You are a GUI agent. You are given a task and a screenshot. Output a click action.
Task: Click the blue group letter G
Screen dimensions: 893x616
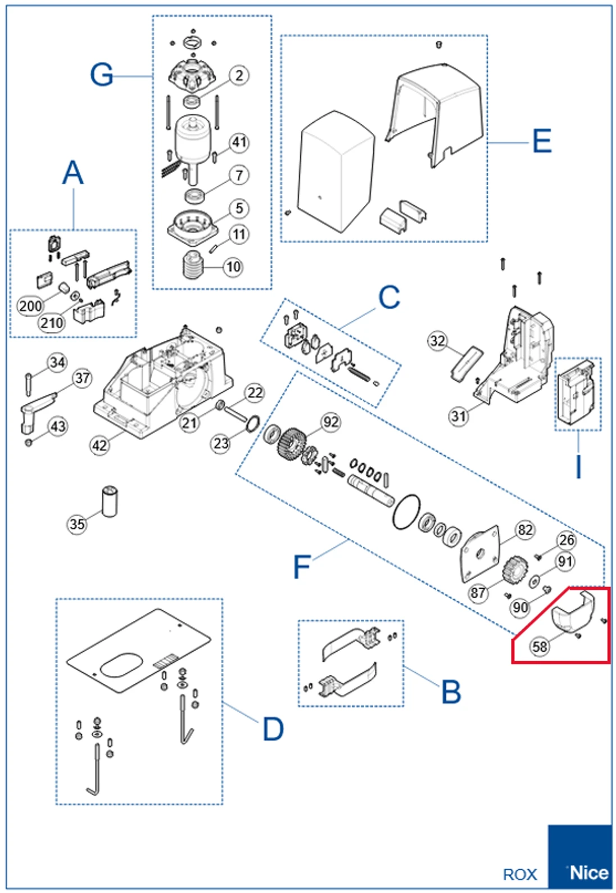click(x=102, y=75)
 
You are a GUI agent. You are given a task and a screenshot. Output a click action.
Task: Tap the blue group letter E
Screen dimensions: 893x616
click(x=541, y=141)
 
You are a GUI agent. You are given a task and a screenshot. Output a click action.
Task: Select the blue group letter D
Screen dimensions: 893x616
click(x=273, y=729)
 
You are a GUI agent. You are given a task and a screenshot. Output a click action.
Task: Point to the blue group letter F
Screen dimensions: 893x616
click(x=302, y=566)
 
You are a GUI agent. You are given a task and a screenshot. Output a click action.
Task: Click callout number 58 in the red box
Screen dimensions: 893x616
click(x=540, y=646)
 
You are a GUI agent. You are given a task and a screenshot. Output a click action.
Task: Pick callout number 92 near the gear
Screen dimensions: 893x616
click(x=330, y=422)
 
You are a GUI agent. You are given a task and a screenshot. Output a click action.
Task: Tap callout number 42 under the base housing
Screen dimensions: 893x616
click(x=99, y=445)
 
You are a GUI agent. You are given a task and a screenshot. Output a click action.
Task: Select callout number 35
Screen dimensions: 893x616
click(x=77, y=524)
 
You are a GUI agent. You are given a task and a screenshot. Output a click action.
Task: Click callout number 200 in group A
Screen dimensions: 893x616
click(x=30, y=306)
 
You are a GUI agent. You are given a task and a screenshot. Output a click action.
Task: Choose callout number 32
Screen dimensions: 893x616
click(x=437, y=341)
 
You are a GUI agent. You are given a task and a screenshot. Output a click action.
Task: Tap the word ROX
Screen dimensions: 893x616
click(x=520, y=875)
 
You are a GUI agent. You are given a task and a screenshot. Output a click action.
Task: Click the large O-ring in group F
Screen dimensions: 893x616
click(x=406, y=512)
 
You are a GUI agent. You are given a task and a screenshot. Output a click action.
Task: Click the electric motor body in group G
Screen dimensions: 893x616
click(x=193, y=138)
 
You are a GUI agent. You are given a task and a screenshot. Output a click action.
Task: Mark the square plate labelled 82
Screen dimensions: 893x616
click(x=479, y=553)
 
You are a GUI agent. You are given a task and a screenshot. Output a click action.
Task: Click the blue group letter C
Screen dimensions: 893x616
click(x=389, y=297)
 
